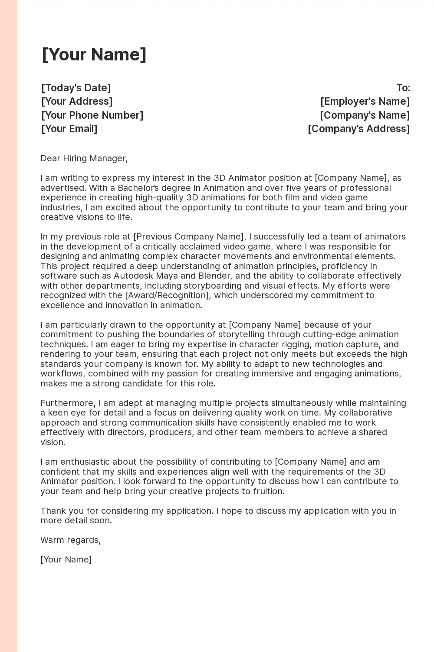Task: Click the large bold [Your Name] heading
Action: [94, 55]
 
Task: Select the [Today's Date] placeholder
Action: [76, 88]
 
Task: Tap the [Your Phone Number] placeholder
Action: [92, 115]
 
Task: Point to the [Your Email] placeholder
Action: [69, 129]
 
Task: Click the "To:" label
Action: [403, 88]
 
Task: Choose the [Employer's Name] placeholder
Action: [365, 101]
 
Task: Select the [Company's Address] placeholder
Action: [358, 129]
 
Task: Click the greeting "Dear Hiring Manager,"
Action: [84, 158]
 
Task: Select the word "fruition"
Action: [266, 491]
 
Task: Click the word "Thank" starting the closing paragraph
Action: [52, 511]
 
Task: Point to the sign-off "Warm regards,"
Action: [71, 540]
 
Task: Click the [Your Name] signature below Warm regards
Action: [66, 559]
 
